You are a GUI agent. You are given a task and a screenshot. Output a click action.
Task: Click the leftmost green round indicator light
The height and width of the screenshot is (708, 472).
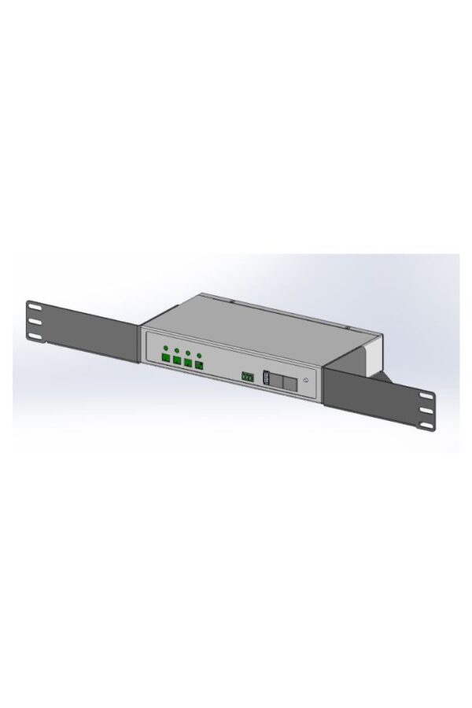tap(165, 348)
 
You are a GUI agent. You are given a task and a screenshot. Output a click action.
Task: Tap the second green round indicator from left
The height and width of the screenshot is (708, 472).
tap(177, 350)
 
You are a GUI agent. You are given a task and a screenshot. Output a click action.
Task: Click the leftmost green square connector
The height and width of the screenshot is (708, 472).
tap(165, 360)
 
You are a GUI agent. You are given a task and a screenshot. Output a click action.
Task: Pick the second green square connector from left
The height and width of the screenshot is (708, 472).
tap(177, 362)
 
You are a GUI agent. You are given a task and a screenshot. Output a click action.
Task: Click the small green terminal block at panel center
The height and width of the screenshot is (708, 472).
tap(246, 377)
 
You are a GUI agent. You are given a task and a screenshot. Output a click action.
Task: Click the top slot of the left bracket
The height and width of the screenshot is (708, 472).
tap(34, 306)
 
